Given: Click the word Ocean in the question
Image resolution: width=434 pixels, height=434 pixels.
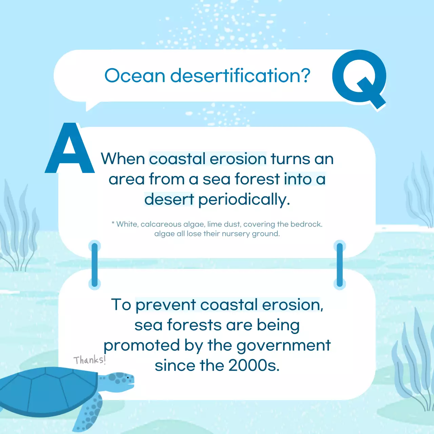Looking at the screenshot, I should coord(135,75).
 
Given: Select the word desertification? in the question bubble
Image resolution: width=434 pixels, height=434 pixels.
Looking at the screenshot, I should coord(240,75).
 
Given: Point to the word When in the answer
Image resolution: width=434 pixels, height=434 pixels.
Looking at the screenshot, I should coord(123,159).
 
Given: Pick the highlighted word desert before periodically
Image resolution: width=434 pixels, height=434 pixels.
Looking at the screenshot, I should coord(169,199).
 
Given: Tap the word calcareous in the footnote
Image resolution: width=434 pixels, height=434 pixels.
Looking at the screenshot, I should coord(161,224).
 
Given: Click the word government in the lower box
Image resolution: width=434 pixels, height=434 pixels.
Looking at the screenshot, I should coord(283,346).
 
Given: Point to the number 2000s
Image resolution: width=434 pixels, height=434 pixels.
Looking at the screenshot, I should coord(254,366).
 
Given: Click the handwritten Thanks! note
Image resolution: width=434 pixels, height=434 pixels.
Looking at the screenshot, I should coord(90,360).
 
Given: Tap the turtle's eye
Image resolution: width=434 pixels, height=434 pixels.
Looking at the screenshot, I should coord(128,377).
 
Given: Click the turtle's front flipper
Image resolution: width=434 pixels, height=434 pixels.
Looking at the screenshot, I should coord(89,412).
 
